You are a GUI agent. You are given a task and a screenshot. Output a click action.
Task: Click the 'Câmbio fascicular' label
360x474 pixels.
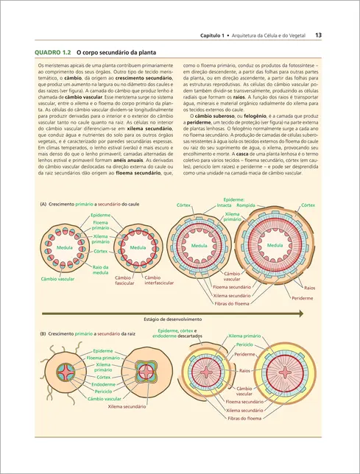point(124,280)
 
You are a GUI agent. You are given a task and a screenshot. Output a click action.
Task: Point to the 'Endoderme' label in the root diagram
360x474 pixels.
point(103,384)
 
